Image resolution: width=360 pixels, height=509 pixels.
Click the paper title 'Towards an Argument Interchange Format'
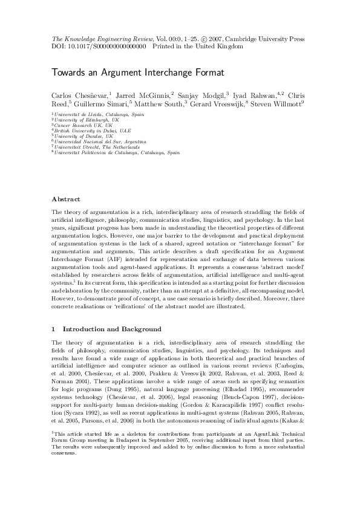[129, 73]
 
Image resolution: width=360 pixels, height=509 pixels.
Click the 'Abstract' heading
[65, 198]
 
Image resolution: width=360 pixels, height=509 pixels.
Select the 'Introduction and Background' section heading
[112, 329]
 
